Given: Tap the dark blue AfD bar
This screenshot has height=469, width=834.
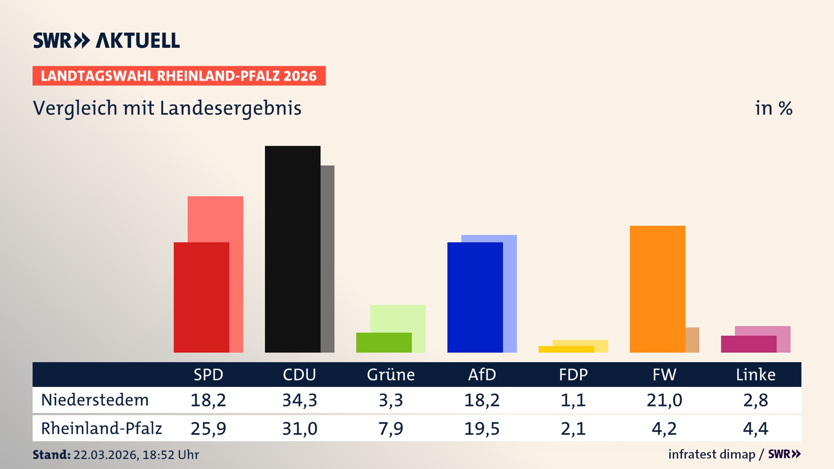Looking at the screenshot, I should (x=475, y=297).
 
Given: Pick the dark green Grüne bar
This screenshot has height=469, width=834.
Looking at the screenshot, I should (x=384, y=342).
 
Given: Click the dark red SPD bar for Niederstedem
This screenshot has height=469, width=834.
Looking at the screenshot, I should (x=201, y=297).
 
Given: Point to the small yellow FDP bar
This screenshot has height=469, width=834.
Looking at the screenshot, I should (x=566, y=349).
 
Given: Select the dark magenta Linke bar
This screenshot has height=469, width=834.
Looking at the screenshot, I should (x=748, y=344).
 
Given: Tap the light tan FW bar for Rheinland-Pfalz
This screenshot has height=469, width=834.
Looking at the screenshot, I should (x=692, y=340).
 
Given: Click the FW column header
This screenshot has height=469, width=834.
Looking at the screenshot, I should (x=664, y=374).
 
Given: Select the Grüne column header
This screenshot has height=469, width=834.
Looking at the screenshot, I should (x=391, y=374).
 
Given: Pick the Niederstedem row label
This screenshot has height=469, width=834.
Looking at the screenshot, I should (x=95, y=400).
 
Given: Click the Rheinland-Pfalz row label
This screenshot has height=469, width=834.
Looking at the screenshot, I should (x=101, y=428).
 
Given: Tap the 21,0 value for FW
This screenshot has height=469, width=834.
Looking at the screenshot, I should (x=664, y=400).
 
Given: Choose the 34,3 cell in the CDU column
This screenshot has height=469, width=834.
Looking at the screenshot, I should (x=299, y=400).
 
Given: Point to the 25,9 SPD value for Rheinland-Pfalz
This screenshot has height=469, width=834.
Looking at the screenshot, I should (x=208, y=429).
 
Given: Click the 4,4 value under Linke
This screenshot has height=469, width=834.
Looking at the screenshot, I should (x=755, y=429).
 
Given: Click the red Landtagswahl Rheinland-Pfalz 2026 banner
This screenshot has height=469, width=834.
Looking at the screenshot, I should (x=179, y=76).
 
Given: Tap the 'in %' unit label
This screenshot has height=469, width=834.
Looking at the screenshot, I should (x=773, y=108).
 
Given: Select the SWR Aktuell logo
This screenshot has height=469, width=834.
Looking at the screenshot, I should (x=106, y=40).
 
